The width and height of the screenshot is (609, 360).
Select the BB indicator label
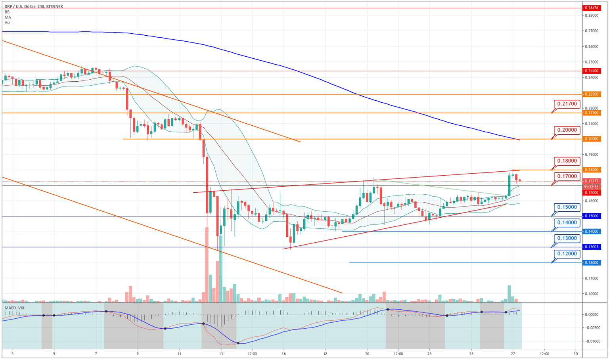click(x=7, y=12)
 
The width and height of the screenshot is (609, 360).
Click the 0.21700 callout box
click(x=567, y=104)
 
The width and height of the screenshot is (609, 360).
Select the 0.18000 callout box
click(x=567, y=161)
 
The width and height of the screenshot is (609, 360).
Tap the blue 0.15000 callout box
click(x=567, y=207)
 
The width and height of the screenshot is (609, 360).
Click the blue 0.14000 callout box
click(x=567, y=223)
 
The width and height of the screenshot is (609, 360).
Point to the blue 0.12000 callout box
click(x=567, y=254)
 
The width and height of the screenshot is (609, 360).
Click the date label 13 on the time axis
click(x=221, y=354)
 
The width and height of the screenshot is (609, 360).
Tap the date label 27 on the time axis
click(x=513, y=354)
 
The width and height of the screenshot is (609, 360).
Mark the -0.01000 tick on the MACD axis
click(x=590, y=341)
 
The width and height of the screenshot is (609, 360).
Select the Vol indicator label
click(x=8, y=23)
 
